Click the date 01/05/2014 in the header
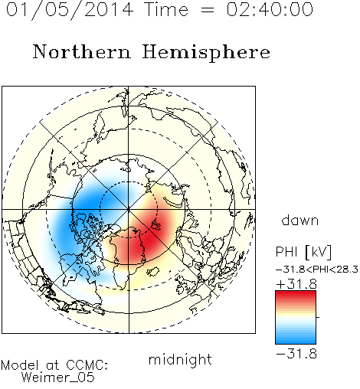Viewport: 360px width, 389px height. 70,10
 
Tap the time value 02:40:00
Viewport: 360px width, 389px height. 270,9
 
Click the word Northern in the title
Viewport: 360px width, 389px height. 81,52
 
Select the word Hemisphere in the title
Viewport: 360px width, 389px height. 206,53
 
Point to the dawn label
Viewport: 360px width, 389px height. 300,220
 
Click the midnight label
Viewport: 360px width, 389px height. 180,359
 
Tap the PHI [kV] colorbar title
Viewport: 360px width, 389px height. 303,252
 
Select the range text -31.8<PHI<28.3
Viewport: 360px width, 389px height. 317,269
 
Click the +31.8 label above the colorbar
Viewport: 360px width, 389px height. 296,284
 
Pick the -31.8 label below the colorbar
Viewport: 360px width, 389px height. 296,354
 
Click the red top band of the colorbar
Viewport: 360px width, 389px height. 296,294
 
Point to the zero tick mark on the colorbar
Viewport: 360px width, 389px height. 318,317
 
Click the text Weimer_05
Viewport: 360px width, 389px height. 58,378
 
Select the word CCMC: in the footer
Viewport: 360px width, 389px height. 87,364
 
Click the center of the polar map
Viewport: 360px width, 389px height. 129,210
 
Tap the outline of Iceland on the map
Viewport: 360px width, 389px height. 153,272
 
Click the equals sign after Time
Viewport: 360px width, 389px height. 207,10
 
